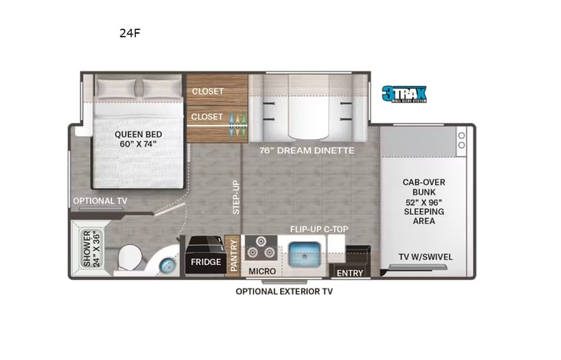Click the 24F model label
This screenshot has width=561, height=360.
(x=130, y=33)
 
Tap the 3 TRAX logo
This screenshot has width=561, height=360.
(x=404, y=94)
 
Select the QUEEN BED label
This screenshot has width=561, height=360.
(x=136, y=138)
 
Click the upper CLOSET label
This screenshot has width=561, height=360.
(x=207, y=91)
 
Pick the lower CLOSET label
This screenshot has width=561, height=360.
(x=207, y=117)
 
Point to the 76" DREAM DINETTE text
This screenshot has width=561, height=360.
(x=306, y=150)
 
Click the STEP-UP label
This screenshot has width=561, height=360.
(x=236, y=197)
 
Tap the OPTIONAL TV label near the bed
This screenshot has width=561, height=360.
(x=100, y=201)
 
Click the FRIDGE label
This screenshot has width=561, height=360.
(x=205, y=262)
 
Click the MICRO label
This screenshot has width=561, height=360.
(x=261, y=272)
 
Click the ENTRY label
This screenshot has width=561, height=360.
(x=351, y=272)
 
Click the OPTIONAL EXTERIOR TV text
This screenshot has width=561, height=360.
(x=284, y=291)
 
